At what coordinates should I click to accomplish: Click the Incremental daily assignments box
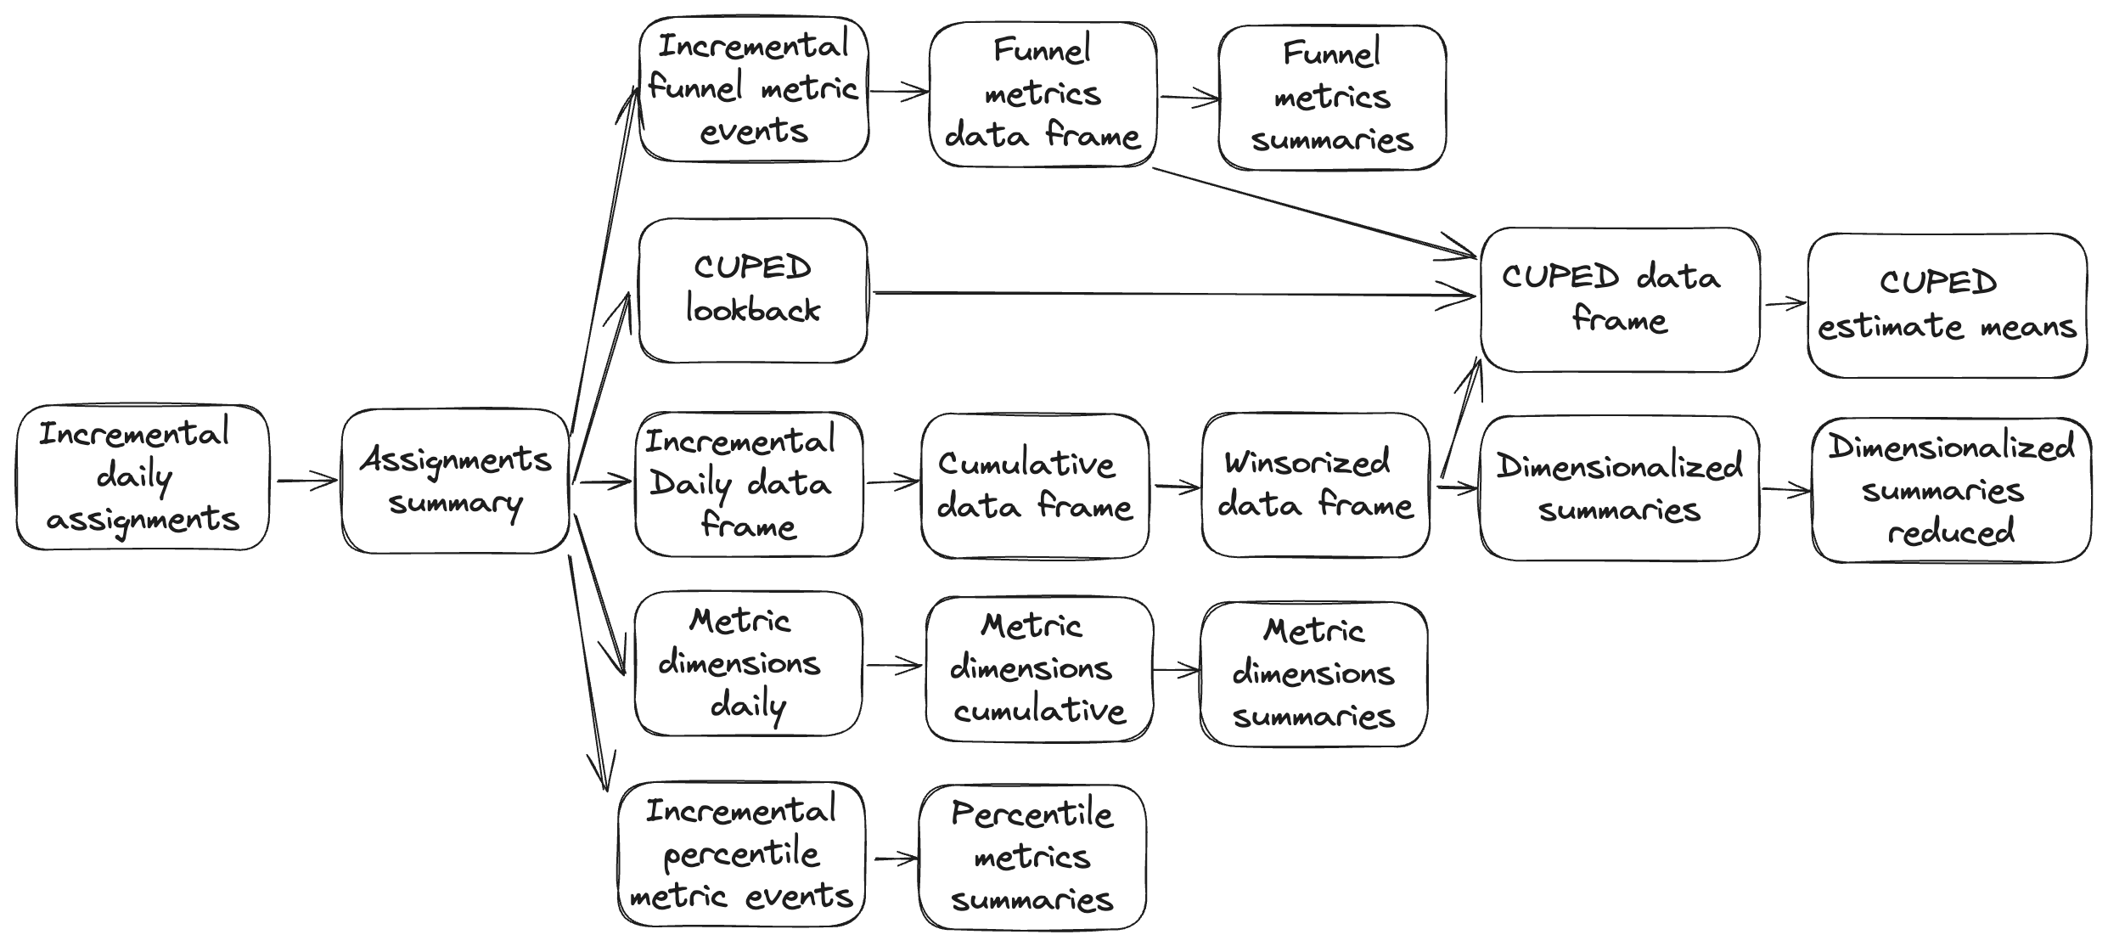[143, 477]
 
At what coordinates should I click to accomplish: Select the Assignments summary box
[455, 481]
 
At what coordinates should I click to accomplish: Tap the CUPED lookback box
[753, 290]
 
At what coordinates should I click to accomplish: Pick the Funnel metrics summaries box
[1331, 98]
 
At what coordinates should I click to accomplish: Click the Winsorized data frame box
[1315, 485]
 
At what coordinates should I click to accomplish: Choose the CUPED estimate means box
[1946, 306]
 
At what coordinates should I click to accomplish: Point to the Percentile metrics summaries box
[1032, 857]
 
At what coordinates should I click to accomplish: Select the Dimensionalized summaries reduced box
[1951, 490]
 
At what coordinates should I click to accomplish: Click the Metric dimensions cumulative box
[1039, 669]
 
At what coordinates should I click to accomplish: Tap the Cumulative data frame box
[1034, 486]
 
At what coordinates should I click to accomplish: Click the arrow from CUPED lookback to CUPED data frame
[1172, 295]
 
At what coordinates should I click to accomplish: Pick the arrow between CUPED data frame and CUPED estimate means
[1784, 303]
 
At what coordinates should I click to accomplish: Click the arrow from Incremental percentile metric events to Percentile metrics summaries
[895, 859]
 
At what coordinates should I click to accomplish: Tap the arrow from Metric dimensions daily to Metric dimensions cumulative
[893, 666]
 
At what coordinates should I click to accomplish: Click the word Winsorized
[1307, 463]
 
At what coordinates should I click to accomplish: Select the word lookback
[753, 311]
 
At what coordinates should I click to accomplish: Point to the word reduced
[1950, 532]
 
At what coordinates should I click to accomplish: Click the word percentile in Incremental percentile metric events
[741, 853]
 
